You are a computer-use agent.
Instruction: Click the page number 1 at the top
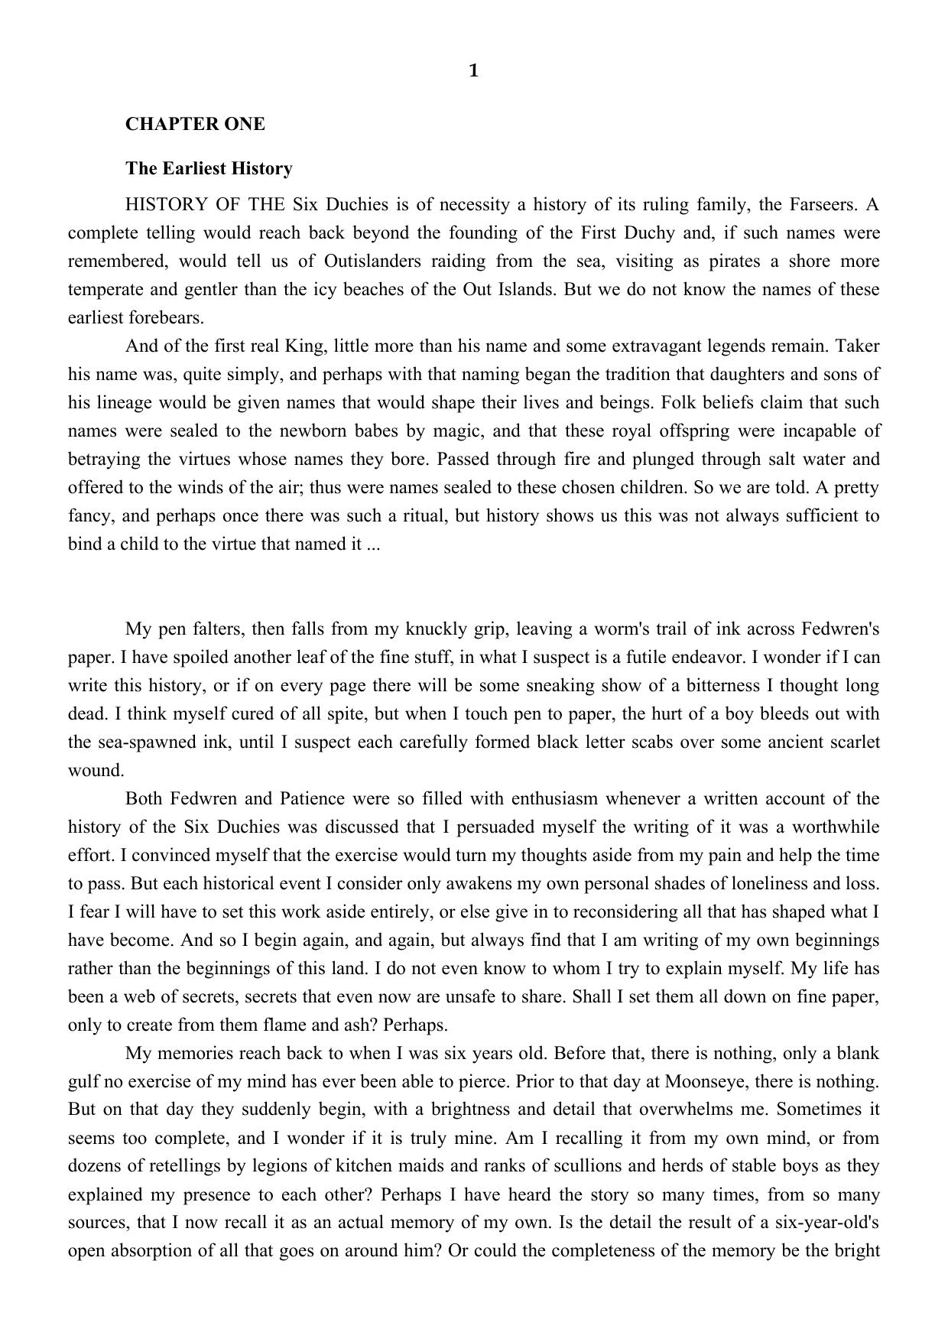tap(473, 71)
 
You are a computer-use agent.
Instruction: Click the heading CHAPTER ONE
tap(195, 124)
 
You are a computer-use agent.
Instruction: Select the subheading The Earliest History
tap(209, 168)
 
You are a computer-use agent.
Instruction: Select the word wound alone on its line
tap(96, 770)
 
